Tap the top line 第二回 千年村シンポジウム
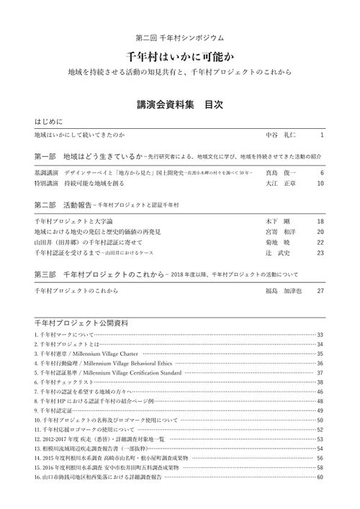pos(180,37)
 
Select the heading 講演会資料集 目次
pos(180,104)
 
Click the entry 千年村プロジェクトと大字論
pos(78,222)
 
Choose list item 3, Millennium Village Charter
pos(86,354)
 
